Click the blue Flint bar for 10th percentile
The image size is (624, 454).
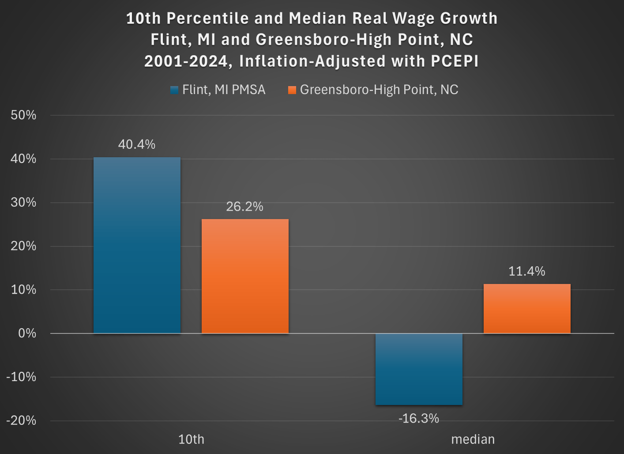point(137,245)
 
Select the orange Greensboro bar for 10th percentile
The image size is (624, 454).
point(245,276)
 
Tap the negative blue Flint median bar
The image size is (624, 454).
point(419,369)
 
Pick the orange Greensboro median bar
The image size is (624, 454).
point(527,309)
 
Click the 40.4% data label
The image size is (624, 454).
point(137,144)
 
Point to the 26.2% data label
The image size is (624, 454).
point(245,206)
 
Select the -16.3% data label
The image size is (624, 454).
point(419,418)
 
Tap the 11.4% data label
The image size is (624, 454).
point(527,271)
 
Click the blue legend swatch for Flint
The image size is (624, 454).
point(174,90)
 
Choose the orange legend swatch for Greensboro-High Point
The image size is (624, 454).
point(292,90)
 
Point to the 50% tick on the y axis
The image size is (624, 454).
point(23,115)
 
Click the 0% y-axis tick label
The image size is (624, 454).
point(27,333)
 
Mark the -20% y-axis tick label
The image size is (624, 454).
point(21,420)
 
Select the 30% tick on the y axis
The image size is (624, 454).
point(23,202)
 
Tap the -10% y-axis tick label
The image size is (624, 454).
point(21,377)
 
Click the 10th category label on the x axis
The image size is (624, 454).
point(191,439)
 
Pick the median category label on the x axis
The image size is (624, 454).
point(473,439)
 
